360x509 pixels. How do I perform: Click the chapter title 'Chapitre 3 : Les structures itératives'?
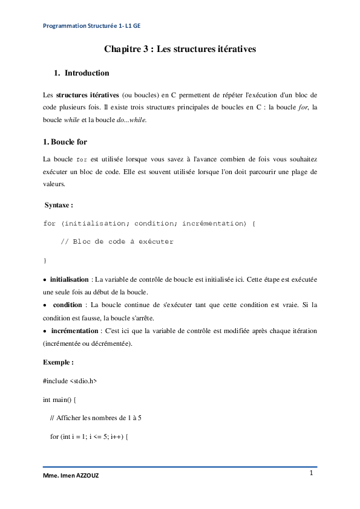(x=180, y=50)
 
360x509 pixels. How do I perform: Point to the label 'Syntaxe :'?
(x=59, y=206)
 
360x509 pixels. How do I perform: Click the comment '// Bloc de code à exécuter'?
(x=117, y=242)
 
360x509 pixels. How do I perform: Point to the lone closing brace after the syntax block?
(x=45, y=260)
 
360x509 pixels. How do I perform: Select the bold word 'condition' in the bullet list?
(x=70, y=305)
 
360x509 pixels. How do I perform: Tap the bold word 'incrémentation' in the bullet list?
(x=74, y=331)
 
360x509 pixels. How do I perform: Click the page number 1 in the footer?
(x=311, y=473)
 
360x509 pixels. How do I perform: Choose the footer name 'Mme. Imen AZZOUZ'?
(x=71, y=476)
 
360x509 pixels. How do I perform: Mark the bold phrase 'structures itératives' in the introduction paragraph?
(x=87, y=95)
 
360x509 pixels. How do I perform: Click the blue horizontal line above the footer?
(x=180, y=467)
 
